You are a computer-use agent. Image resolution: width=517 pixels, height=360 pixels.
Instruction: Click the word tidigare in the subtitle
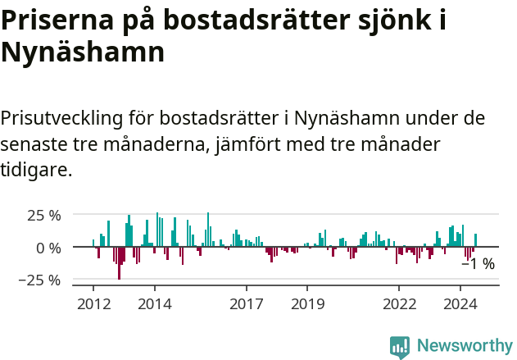coord(36,170)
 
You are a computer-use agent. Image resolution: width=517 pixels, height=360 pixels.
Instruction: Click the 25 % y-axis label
coord(44,216)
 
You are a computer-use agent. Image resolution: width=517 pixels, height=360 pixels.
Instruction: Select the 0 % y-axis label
coord(48,248)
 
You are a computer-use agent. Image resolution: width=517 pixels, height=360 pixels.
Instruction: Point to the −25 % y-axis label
coord(40,280)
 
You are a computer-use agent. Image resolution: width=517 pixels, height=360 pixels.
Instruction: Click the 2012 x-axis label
coord(93,303)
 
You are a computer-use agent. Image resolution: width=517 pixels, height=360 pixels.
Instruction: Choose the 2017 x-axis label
coord(246,303)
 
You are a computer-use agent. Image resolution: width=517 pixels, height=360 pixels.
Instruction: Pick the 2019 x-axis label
coord(307,303)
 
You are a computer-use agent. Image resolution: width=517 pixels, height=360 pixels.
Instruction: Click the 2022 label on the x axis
coord(399,303)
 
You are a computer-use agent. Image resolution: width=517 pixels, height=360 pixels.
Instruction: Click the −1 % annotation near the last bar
coord(478,264)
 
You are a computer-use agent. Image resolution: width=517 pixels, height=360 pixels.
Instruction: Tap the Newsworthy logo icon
coord(400,346)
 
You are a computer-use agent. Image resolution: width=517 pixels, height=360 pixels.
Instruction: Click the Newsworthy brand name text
coord(464,346)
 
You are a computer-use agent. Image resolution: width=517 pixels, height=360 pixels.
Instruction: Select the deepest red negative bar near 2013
coord(119,263)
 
